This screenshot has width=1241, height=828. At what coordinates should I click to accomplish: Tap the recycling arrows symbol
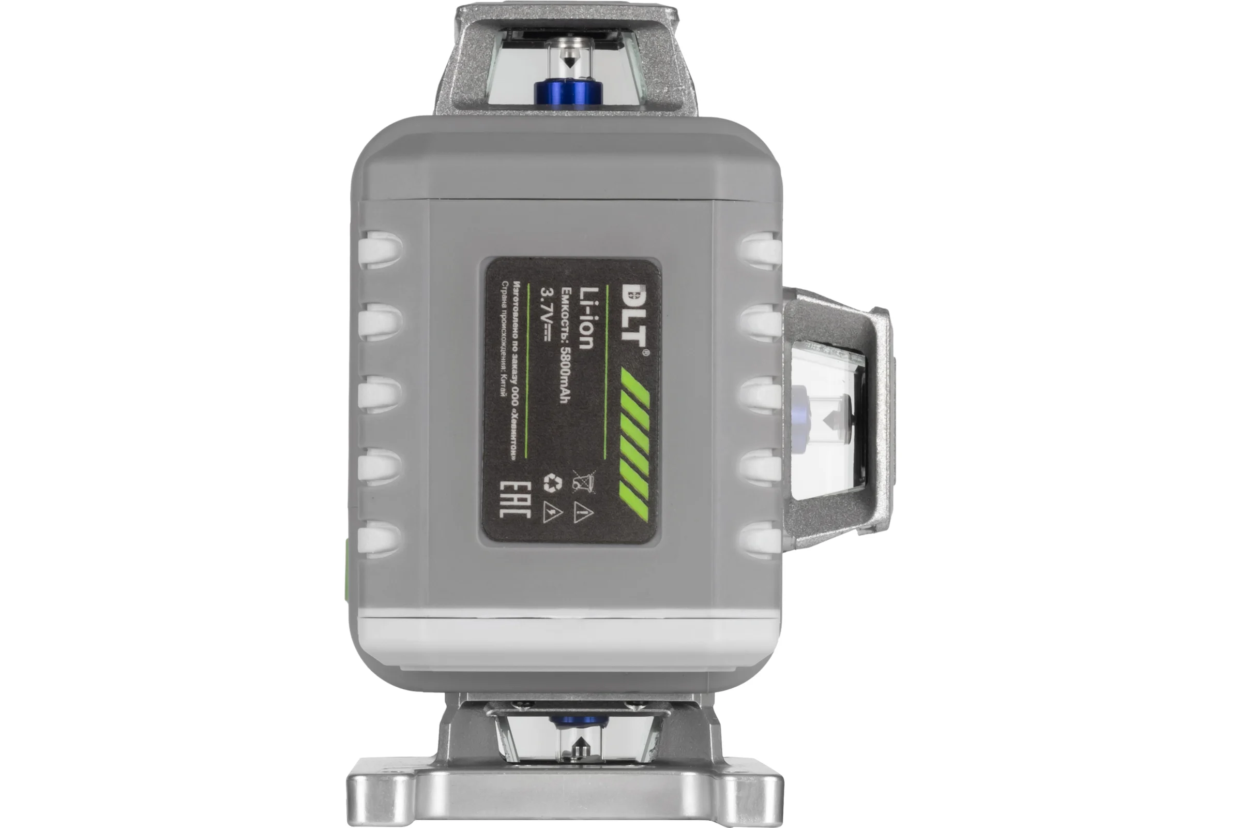click(552, 483)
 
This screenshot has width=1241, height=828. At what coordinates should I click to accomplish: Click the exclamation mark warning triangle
click(583, 512)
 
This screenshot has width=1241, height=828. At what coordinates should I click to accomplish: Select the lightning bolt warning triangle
click(551, 512)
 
